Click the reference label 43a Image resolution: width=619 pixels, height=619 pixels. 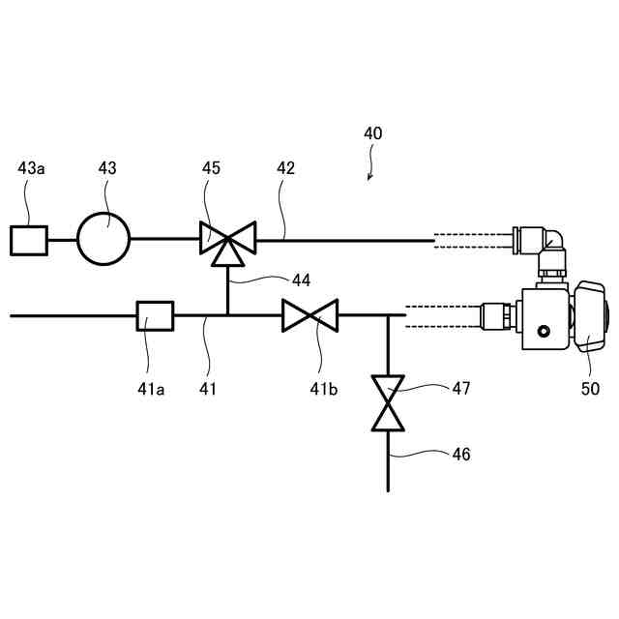point(31,168)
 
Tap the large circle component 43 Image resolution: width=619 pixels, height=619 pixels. point(103,238)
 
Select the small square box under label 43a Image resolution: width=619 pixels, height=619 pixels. point(29,239)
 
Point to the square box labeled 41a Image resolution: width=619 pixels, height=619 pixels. point(155,315)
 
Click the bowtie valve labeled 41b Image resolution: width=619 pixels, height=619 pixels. point(309,315)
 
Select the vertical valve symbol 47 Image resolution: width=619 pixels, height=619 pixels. point(388,403)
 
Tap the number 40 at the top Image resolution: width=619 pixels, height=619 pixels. point(372,133)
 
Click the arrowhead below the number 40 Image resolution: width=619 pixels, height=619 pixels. point(368,176)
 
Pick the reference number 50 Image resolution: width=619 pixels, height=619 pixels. point(590,389)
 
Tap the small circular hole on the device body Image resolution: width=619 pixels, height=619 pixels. point(543,333)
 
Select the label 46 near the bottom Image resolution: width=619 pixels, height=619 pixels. point(460,453)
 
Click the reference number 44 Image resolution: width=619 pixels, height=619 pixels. point(301,280)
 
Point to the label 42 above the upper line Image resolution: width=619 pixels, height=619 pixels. point(285,168)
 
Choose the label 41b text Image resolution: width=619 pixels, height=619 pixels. point(325,389)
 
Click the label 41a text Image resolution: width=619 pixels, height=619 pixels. point(150,389)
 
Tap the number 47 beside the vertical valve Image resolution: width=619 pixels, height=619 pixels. point(460,389)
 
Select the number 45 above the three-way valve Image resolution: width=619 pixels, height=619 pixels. point(211,168)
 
